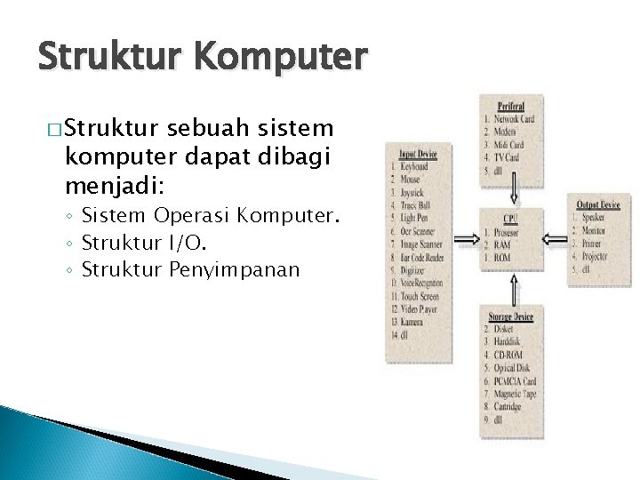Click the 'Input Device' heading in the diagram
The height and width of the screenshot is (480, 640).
pyautogui.click(x=419, y=152)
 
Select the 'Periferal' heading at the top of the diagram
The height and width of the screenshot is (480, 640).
pyautogui.click(x=511, y=105)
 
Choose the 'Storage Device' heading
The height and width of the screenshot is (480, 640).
pyautogui.click(x=510, y=316)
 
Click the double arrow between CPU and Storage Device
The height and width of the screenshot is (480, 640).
pyautogui.click(x=512, y=286)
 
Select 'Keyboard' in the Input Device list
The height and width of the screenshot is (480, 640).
pyautogui.click(x=415, y=165)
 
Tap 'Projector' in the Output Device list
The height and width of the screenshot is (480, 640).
pyautogui.click(x=601, y=254)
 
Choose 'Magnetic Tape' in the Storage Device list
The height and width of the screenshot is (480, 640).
pyautogui.click(x=516, y=392)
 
